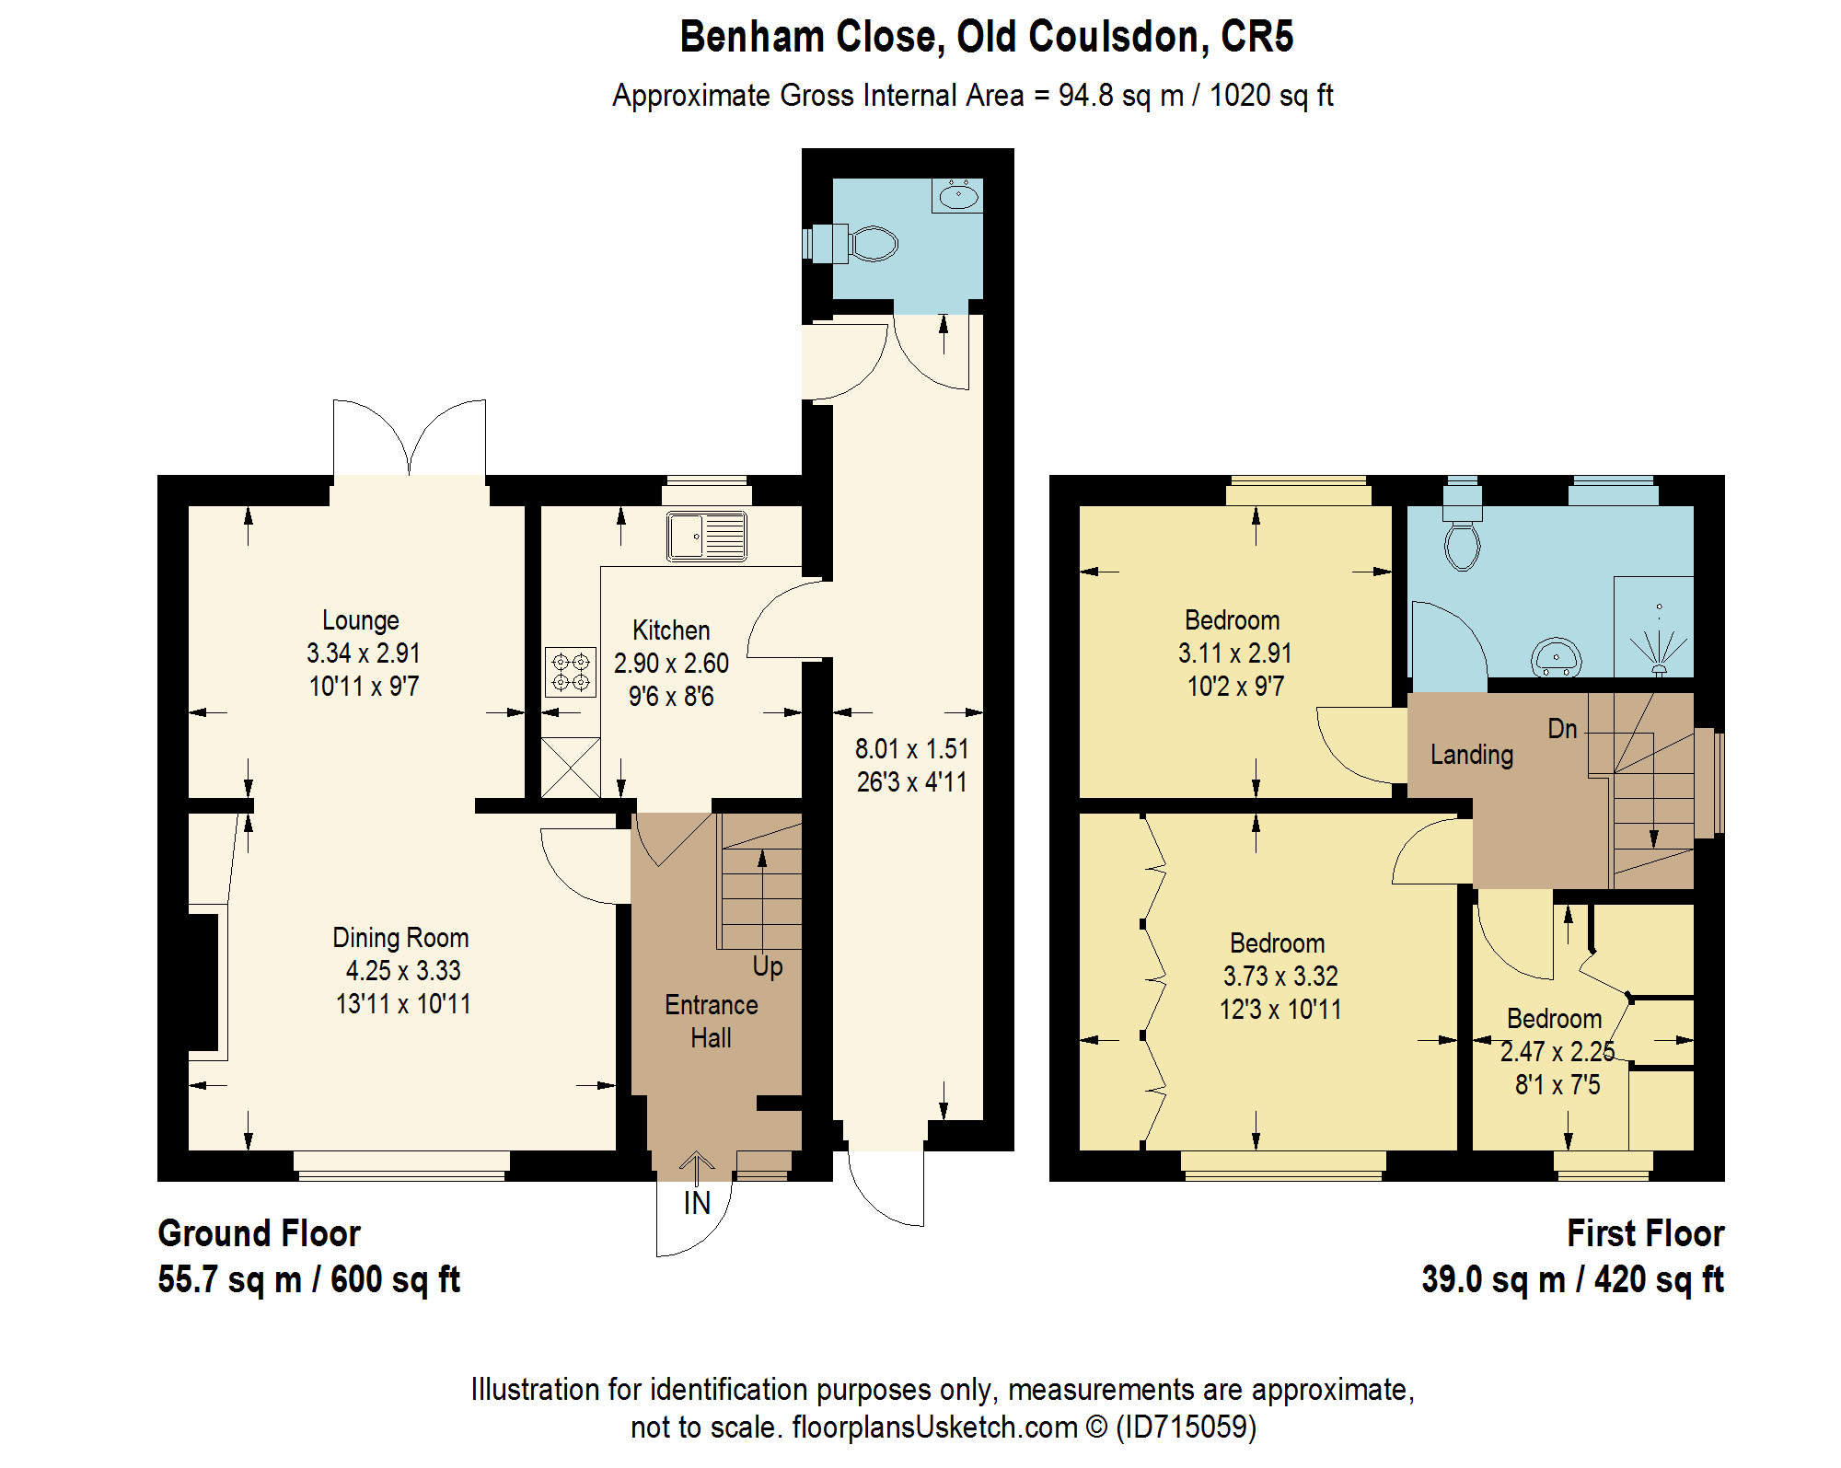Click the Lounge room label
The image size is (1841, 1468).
(361, 620)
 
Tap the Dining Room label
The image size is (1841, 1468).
(400, 938)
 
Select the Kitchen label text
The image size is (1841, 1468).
(671, 630)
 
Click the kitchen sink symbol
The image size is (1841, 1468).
(706, 536)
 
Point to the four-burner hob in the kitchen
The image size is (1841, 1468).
(571, 672)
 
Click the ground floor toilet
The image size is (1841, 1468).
(851, 244)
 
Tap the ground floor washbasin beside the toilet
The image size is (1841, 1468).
(958, 196)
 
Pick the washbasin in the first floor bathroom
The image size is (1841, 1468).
(1556, 657)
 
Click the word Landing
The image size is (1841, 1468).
(1472, 756)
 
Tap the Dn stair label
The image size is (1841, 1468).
(1562, 729)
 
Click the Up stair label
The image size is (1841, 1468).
(768, 966)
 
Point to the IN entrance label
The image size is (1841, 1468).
(697, 1203)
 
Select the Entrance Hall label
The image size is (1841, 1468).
(712, 1022)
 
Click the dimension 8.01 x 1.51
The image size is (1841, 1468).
(912, 749)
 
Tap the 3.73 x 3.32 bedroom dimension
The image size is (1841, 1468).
(1280, 976)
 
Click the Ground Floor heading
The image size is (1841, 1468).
(260, 1233)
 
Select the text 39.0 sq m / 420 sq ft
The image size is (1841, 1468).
(1572, 1279)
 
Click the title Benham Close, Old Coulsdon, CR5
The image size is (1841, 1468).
(987, 37)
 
